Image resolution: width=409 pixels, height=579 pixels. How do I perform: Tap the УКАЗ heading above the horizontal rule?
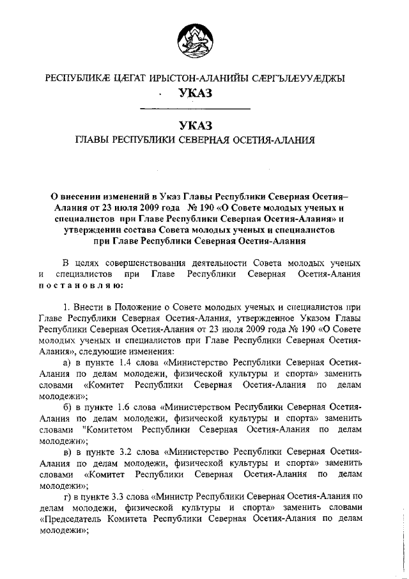tap(196, 95)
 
